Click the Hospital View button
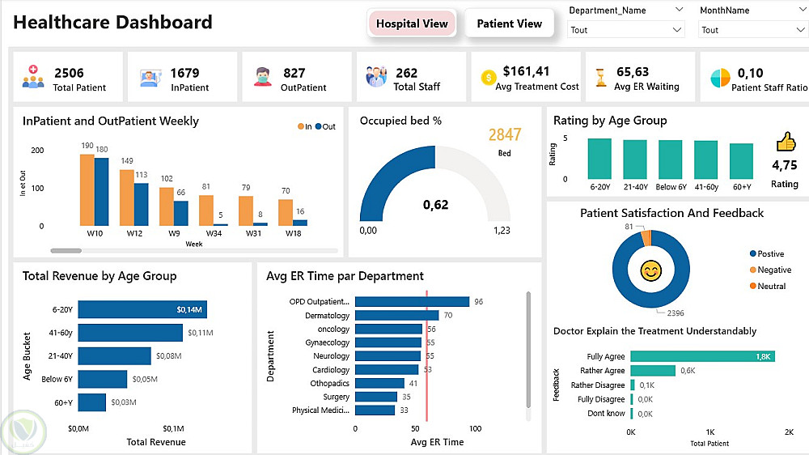click(412, 23)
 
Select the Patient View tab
click(509, 23)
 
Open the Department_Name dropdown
click(626, 30)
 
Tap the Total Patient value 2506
click(69, 73)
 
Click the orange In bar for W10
click(87, 189)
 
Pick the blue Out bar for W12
click(141, 204)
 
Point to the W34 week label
click(214, 233)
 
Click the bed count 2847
click(504, 134)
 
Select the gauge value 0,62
click(435, 205)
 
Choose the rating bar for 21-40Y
click(635, 159)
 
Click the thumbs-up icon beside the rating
click(786, 142)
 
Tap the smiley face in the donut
click(650, 270)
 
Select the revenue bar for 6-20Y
click(142, 309)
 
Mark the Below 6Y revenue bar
click(102, 379)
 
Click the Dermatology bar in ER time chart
click(396, 316)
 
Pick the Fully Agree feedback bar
click(702, 356)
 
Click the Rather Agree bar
click(652, 371)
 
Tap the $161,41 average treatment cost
click(526, 72)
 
